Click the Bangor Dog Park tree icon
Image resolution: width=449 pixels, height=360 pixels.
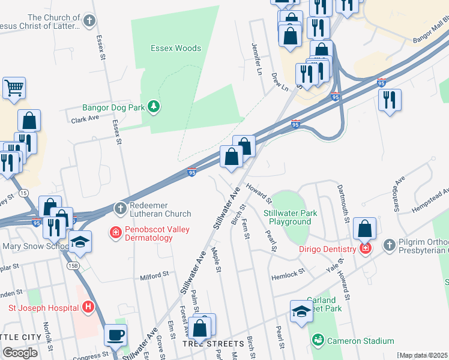[154, 106]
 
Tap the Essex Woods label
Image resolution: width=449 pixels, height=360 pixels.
[176, 48]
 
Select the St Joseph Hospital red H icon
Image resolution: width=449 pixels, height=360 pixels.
[88, 308]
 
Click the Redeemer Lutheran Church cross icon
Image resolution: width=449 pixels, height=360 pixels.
[120, 208]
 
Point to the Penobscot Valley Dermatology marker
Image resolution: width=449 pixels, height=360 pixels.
[114, 232]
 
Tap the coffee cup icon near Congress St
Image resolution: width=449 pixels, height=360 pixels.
[115, 336]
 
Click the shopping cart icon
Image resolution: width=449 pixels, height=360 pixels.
[14, 88]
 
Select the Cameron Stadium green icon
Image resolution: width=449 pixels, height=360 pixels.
[317, 341]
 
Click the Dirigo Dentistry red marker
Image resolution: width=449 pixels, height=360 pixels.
[365, 247]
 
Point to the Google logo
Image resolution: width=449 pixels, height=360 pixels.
[20, 353]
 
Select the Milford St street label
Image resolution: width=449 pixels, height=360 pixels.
[154, 276]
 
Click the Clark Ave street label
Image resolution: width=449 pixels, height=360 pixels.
[85, 119]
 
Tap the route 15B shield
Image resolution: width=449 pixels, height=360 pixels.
[73, 266]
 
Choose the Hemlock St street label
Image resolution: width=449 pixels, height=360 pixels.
[288, 271]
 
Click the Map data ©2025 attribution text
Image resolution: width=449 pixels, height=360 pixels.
[423, 355]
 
